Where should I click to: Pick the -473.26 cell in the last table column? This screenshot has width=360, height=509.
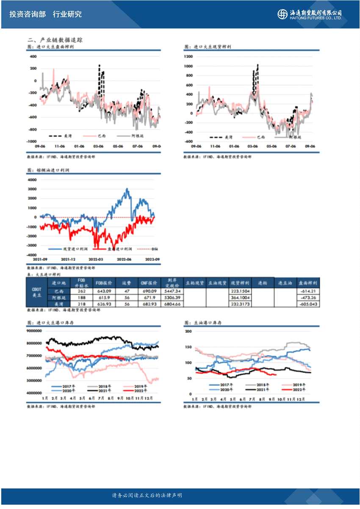(308, 298)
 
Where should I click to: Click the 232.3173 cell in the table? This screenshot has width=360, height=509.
(240, 304)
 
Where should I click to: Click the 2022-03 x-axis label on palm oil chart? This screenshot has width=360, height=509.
(95, 259)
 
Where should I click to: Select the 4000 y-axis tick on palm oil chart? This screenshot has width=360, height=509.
(33, 180)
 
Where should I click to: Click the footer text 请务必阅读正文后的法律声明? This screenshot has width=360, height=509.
(147, 495)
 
